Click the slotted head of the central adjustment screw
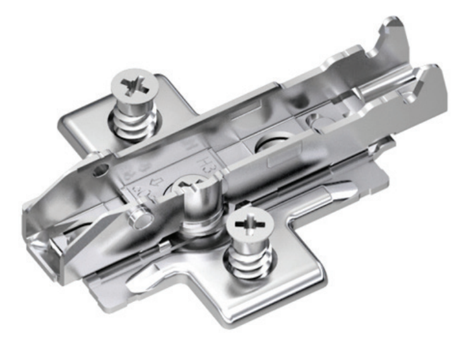tap(193, 184)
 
